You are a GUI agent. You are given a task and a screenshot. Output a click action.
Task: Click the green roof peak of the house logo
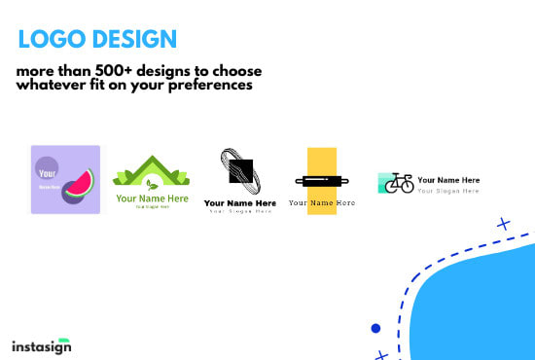pos(151,162)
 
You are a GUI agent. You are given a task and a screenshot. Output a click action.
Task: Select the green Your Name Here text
pos(151,198)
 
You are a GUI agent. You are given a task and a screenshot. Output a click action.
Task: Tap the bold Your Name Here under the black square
pos(239,202)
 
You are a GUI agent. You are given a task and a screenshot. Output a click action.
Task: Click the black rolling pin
pos(321,181)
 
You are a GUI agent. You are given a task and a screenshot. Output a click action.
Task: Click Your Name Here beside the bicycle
pos(448,181)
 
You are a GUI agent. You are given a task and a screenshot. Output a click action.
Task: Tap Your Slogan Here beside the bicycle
pos(448,191)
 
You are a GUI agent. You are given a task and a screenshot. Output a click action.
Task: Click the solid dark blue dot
pos(375,328)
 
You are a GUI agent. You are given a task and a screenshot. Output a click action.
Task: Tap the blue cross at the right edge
pos(503,224)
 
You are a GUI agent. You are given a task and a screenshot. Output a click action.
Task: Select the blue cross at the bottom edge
pos(381,355)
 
